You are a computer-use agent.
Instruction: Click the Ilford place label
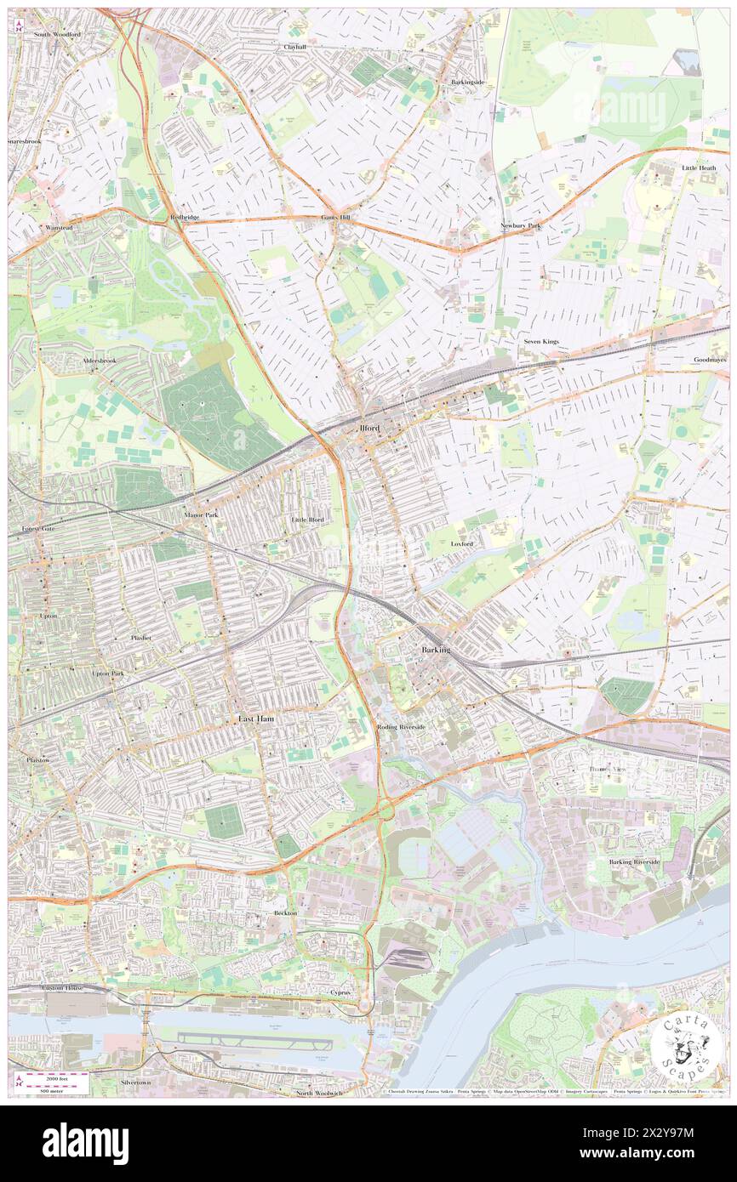[369, 429]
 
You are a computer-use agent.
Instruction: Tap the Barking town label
[437, 650]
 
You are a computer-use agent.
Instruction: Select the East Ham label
[255, 719]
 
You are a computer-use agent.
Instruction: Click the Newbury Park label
[520, 225]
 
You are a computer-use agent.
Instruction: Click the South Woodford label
[57, 35]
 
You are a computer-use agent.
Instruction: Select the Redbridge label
[184, 218]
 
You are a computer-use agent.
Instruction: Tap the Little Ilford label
[307, 519]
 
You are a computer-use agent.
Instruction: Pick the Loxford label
[462, 543]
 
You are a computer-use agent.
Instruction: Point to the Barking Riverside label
[634, 861]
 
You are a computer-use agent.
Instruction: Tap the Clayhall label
[295, 48]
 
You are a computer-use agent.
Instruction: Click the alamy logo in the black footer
[85, 1144]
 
